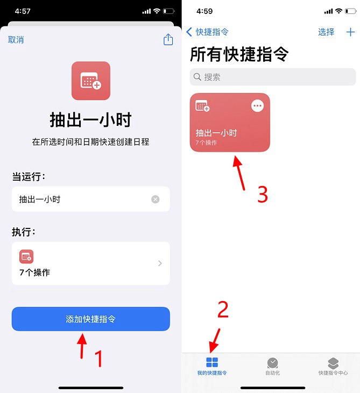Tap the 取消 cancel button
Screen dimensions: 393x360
point(16,40)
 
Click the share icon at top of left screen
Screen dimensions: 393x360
point(168,40)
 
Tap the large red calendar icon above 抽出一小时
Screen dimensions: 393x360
point(90,81)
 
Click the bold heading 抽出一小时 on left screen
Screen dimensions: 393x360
point(90,120)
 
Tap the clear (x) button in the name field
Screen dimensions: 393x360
point(156,199)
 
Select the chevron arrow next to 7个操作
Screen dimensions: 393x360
point(160,263)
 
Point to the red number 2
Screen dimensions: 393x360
point(223,309)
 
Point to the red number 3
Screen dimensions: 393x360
point(262,195)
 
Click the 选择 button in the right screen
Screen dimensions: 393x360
point(326,32)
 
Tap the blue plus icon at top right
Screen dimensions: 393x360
point(350,32)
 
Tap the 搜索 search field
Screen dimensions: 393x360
point(273,77)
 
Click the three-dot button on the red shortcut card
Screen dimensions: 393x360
point(258,106)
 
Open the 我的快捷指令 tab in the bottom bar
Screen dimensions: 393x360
point(212,366)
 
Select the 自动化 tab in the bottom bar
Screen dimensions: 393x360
point(273,366)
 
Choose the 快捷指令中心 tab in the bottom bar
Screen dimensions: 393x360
point(333,366)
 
